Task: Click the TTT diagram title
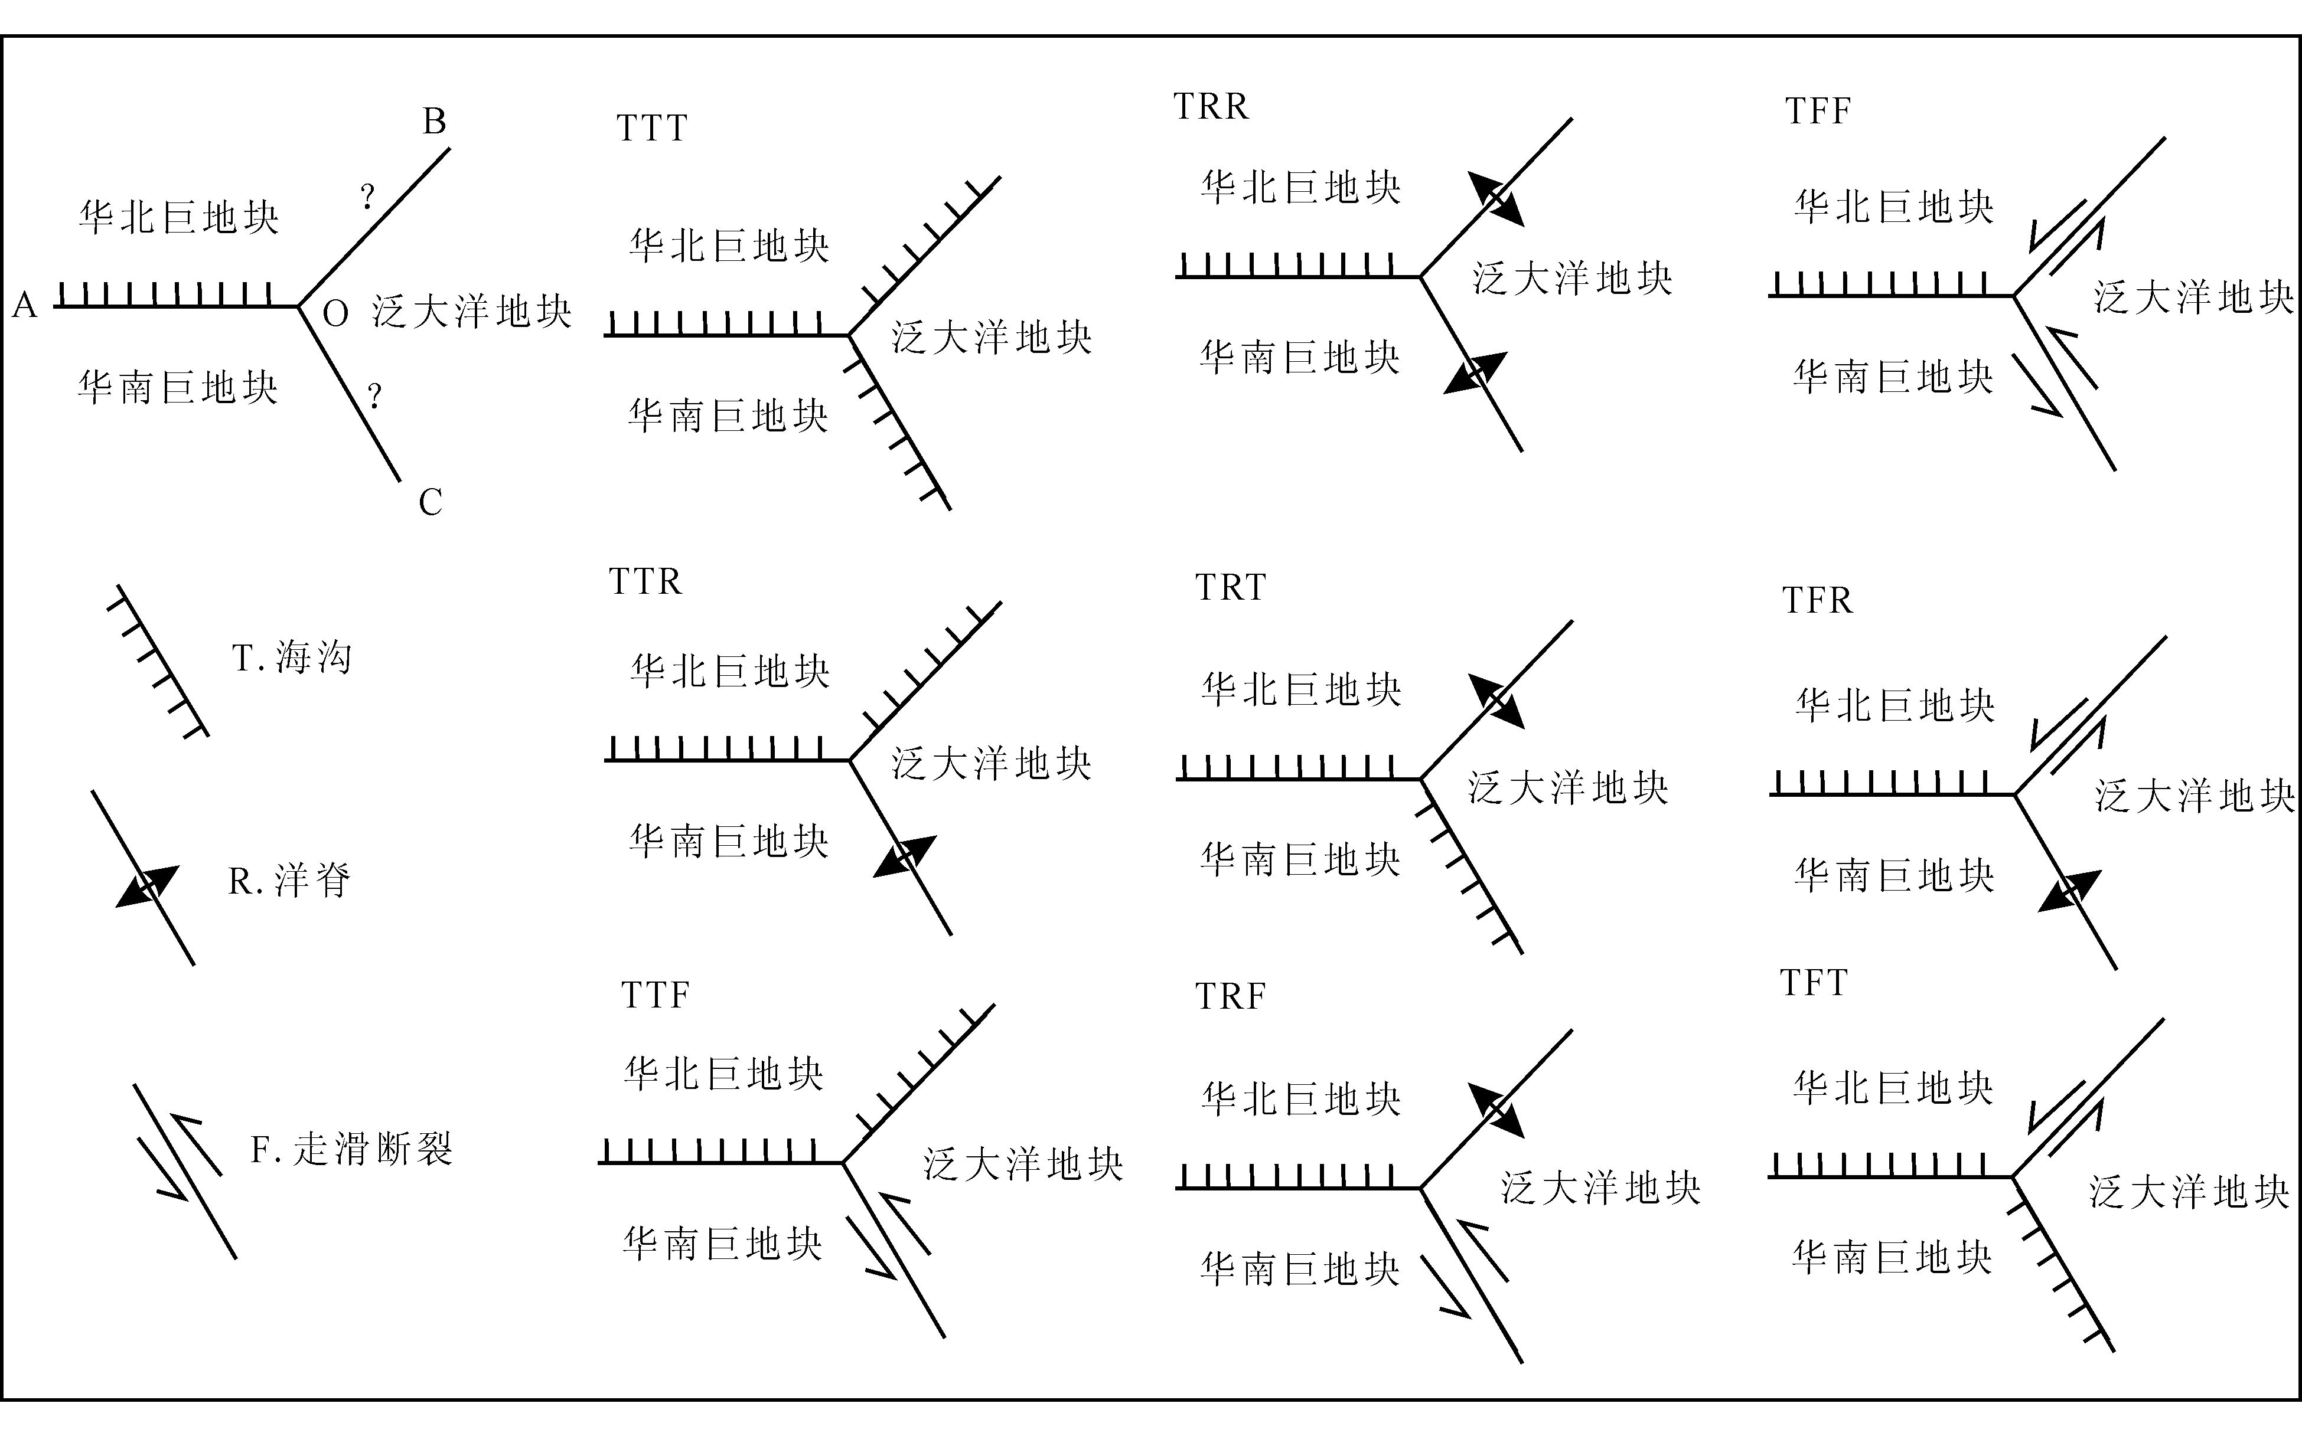pyautogui.click(x=652, y=128)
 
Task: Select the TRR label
pyautogui.click(x=1211, y=106)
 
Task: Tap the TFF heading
pyautogui.click(x=1818, y=111)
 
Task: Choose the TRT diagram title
pyautogui.click(x=1230, y=588)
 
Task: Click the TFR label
pyautogui.click(x=1817, y=600)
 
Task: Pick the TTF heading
pyautogui.click(x=654, y=995)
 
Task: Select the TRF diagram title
pyautogui.click(x=1230, y=996)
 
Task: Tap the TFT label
pyautogui.click(x=1812, y=983)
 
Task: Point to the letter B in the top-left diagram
pyautogui.click(x=434, y=122)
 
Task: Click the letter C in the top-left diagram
pyautogui.click(x=431, y=502)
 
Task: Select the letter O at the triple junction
pyautogui.click(x=335, y=313)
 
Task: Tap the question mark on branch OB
pyautogui.click(x=368, y=198)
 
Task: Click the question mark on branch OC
pyautogui.click(x=375, y=395)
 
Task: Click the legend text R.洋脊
pyautogui.click(x=289, y=881)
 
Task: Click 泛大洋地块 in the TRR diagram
pyautogui.click(x=1572, y=278)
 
